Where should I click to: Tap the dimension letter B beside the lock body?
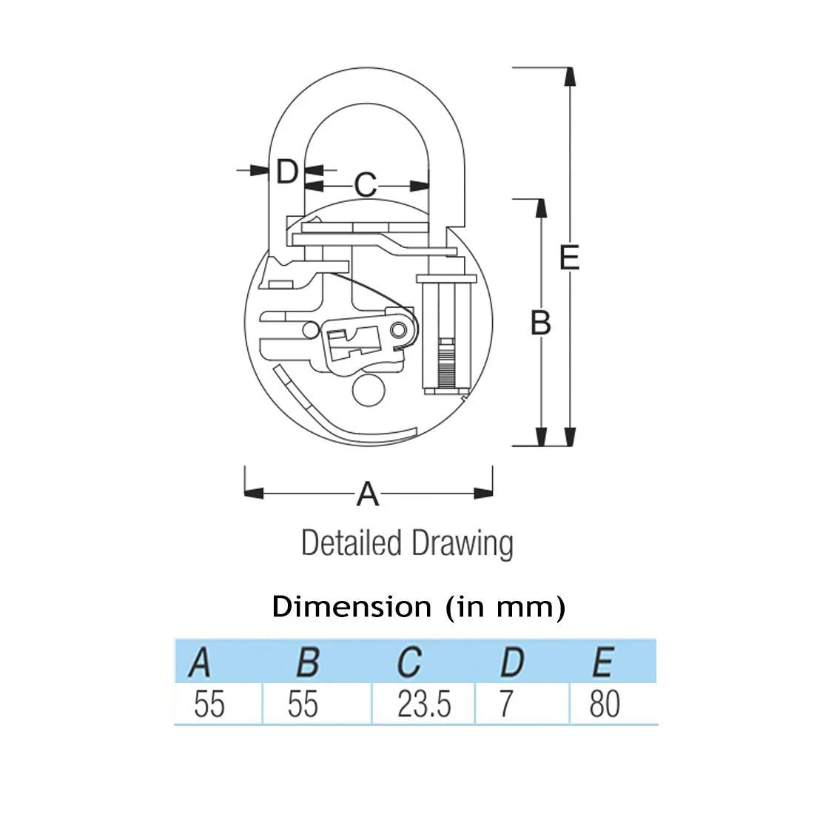[540, 323]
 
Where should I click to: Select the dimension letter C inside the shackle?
[366, 184]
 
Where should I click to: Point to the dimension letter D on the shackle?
[287, 171]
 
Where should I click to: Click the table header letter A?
[200, 662]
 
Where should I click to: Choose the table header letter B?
[308, 662]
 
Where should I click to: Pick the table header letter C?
[409, 662]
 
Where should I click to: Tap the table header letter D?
[512, 662]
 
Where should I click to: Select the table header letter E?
[603, 662]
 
